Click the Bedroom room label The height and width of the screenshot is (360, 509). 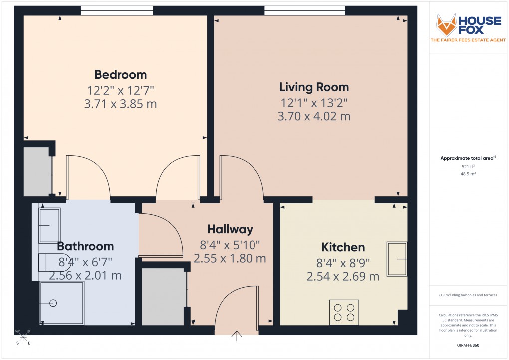pyautogui.click(x=121, y=75)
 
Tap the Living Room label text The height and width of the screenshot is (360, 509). pyautogui.click(x=314, y=87)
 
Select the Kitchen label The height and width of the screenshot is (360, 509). pyautogui.click(x=343, y=247)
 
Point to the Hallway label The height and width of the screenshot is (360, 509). pyautogui.click(x=230, y=229)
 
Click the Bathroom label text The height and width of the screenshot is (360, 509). pyautogui.click(x=85, y=246)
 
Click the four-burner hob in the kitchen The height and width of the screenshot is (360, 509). pyautogui.click(x=344, y=312)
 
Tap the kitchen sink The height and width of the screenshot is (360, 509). pyautogui.click(x=397, y=259)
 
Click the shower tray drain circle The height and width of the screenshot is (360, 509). pyautogui.click(x=53, y=303)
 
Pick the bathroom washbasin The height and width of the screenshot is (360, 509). pyautogui.click(x=49, y=226)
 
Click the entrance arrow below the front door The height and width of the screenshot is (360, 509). pyautogui.click(x=236, y=336)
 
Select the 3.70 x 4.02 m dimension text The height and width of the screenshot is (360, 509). pyautogui.click(x=314, y=117)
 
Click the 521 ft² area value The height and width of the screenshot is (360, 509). pyautogui.click(x=468, y=166)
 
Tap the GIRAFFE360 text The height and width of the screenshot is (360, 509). pyautogui.click(x=468, y=345)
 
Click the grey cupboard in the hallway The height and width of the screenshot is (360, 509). pyautogui.click(x=163, y=296)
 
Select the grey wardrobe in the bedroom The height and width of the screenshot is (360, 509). pyautogui.click(x=37, y=171)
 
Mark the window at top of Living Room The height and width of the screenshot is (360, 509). pyautogui.click(x=304, y=10)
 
